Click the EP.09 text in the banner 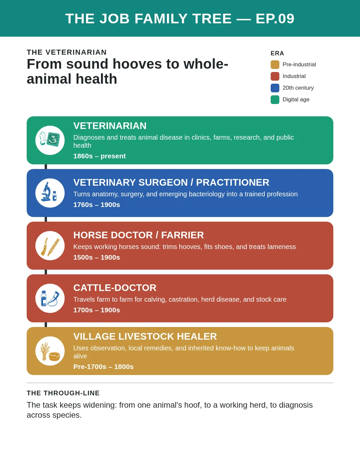tap(275, 19)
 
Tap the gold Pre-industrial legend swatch tap(275, 65)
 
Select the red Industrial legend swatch tap(275, 76)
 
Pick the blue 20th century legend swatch tap(275, 88)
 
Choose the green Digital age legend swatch tap(275, 100)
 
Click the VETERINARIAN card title tap(110, 126)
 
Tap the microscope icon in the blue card tap(49, 192)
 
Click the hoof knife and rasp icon tap(50, 247)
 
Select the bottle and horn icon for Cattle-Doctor tap(50, 298)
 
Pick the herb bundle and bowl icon tap(50, 352)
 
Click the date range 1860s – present tap(100, 156)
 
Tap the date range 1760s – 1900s tap(97, 205)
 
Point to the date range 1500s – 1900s tap(97, 257)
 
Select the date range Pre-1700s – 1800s tap(103, 367)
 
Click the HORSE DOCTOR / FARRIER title tap(138, 235)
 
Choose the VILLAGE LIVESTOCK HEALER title tap(145, 337)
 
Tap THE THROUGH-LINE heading tap(63, 393)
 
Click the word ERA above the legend tap(277, 53)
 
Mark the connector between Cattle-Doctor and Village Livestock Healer tap(46, 325)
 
